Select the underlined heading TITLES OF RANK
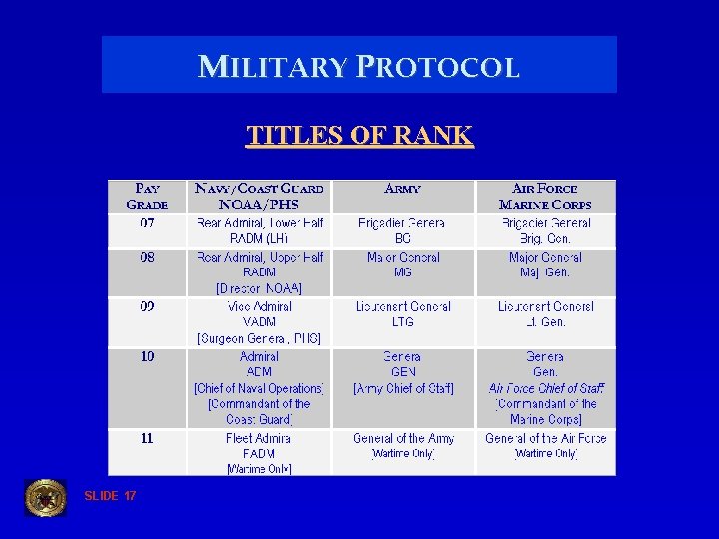coord(359,135)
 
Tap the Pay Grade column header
coord(147,196)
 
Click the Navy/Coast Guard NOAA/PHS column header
coord(259,196)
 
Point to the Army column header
coord(402,188)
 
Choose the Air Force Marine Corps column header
coord(545,196)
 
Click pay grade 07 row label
coord(147,223)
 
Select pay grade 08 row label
coord(147,257)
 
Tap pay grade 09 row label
coord(147,306)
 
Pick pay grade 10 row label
coord(147,356)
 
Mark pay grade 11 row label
coord(147,438)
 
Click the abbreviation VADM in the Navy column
coord(259,323)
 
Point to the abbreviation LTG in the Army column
coord(402,323)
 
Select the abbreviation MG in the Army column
coord(402,272)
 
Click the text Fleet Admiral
coord(259,438)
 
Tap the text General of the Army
coord(402,438)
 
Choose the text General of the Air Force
coord(545,438)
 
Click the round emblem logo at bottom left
coord(45,497)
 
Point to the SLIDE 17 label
coord(110,496)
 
